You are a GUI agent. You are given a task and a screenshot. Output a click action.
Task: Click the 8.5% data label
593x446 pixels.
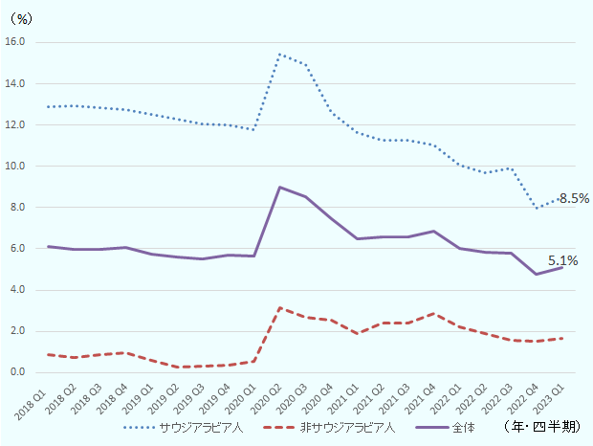(x=574, y=199)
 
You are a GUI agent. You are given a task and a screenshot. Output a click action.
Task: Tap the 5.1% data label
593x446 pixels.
(x=562, y=260)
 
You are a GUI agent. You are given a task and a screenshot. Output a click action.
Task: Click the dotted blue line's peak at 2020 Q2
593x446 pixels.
(x=279, y=55)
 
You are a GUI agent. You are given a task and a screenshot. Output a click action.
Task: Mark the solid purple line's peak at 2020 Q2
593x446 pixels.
(x=279, y=187)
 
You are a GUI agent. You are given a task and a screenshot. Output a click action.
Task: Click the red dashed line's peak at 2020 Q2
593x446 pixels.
(x=279, y=307)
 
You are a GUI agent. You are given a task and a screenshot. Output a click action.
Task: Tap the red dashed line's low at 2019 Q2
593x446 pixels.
(x=177, y=367)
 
